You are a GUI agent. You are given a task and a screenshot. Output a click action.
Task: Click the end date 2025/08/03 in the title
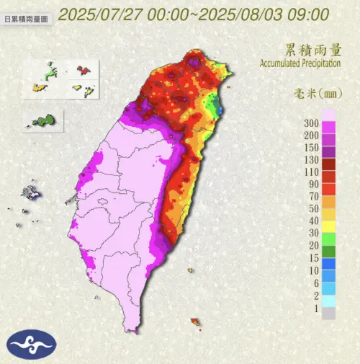click(x=234, y=14)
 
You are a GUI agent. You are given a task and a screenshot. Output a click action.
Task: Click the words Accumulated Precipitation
click(x=307, y=63)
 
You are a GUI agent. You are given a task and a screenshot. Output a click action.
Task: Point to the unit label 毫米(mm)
click(x=318, y=94)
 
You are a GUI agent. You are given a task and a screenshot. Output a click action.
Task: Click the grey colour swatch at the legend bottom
click(x=328, y=314)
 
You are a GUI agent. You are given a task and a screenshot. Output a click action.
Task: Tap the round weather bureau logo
click(x=30, y=344)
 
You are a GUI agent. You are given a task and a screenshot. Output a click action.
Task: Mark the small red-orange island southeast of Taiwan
click(x=194, y=321)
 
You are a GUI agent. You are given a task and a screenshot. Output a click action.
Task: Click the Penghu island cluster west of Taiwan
click(x=30, y=192)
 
